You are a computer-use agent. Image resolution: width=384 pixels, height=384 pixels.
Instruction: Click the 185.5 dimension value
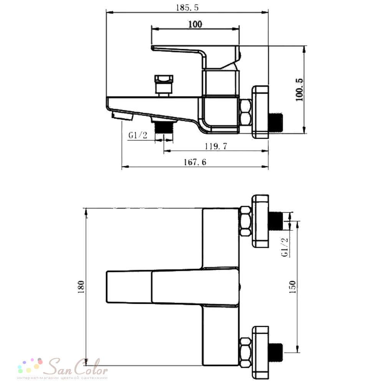[187, 8]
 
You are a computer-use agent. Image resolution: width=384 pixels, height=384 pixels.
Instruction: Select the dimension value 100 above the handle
[195, 24]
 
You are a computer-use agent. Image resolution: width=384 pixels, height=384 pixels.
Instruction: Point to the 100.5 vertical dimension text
[299, 89]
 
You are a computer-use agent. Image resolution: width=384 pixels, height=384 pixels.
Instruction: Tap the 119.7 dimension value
[216, 146]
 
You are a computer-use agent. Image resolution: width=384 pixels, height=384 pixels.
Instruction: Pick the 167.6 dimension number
[195, 162]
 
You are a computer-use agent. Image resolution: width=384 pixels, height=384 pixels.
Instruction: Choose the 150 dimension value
[292, 287]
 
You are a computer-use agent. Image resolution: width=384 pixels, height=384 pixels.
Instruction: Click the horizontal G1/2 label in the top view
[138, 135]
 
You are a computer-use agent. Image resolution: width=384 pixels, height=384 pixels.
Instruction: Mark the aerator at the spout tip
[122, 116]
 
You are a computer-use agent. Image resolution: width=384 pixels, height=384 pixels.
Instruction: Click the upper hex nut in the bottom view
[245, 222]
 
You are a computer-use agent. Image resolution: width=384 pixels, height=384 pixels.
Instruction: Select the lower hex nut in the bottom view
[245, 352]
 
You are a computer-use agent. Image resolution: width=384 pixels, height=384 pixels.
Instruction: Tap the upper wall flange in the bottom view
[261, 221]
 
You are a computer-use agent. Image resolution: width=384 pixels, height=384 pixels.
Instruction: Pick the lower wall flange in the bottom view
[261, 353]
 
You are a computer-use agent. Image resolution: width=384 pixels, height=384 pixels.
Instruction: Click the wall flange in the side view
[261, 112]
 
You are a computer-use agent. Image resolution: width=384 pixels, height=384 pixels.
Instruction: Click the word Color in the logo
[91, 367]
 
